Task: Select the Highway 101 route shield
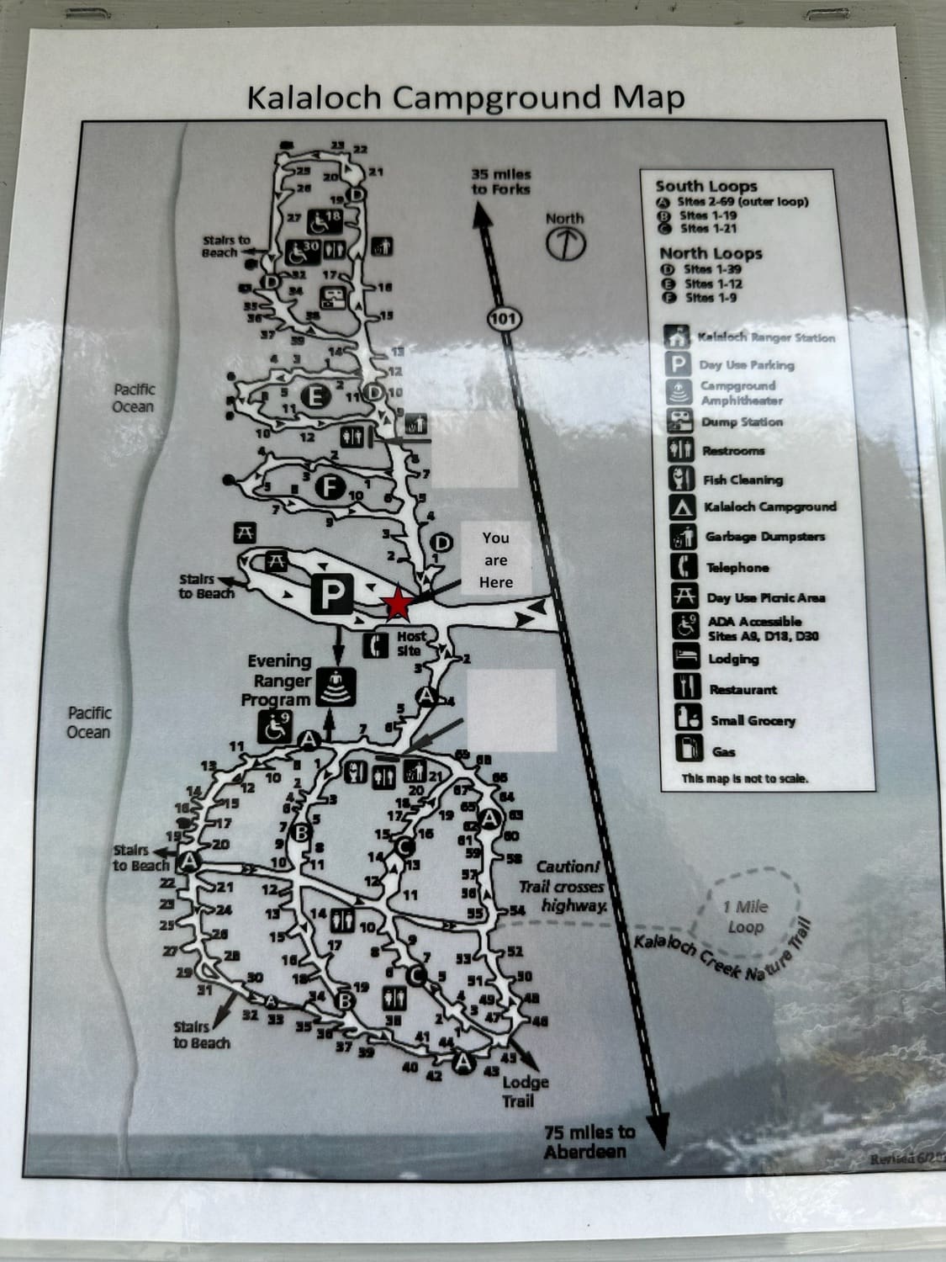(505, 318)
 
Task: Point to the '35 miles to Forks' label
(501, 182)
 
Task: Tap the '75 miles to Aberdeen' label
(589, 1142)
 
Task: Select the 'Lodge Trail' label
(526, 1091)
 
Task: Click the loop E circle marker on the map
(316, 396)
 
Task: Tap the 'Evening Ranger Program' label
(277, 681)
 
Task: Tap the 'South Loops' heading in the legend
(706, 186)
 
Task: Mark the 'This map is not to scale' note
(745, 778)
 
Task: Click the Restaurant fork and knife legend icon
(685, 687)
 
